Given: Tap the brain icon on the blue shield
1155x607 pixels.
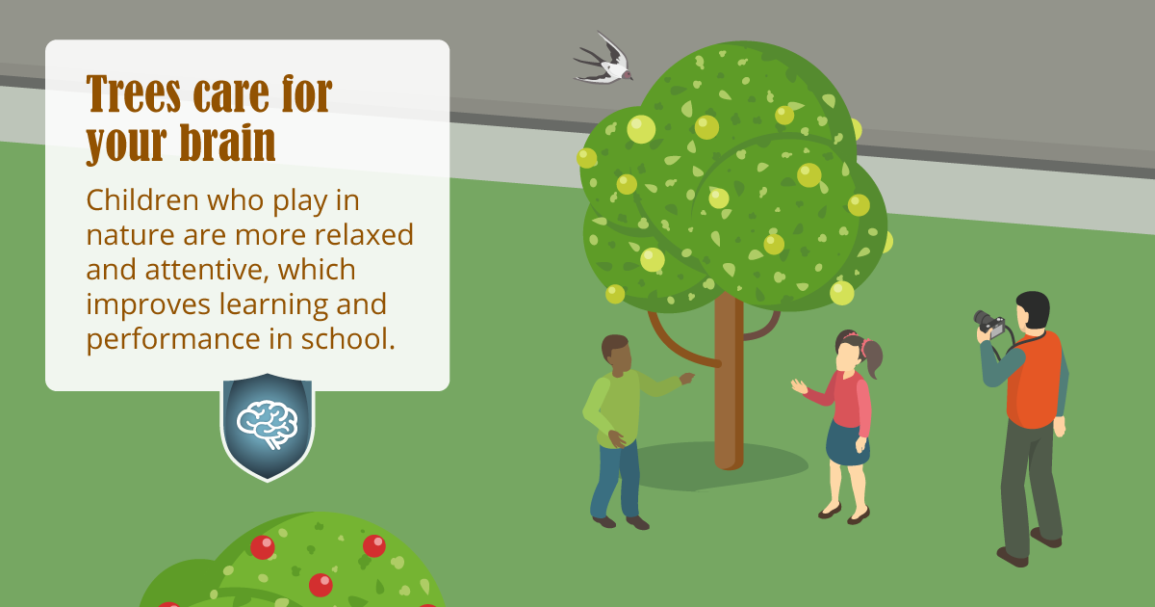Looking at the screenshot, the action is [x=268, y=424].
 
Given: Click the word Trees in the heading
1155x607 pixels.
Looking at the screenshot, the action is [x=134, y=93].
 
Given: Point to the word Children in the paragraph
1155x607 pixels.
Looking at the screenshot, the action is [x=142, y=199].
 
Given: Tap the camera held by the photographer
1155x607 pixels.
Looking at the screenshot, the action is [x=989, y=324].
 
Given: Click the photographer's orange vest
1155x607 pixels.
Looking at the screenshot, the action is [x=1034, y=381].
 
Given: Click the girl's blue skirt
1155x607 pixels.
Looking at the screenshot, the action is [x=848, y=443].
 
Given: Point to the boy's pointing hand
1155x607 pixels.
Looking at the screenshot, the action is [x=687, y=379].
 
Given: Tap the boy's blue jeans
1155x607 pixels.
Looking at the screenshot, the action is [x=616, y=481].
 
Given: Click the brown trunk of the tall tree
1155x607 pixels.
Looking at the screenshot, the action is [x=729, y=381].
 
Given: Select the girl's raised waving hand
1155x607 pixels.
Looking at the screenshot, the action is [x=800, y=386].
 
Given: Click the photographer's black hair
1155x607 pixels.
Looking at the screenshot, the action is [x=1034, y=309].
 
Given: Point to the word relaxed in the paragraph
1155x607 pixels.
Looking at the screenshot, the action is [x=364, y=235].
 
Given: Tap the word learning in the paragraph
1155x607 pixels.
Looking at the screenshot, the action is [x=273, y=305].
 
